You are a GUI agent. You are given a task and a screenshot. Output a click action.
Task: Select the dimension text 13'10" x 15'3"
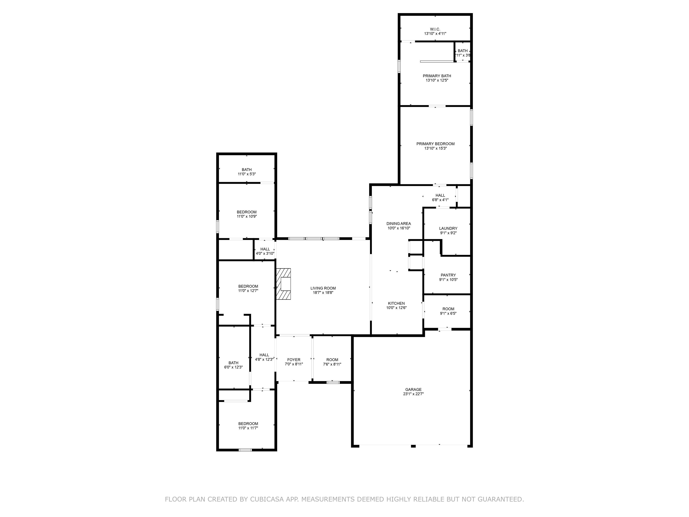[436, 148]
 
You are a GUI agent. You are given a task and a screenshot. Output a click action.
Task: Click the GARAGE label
[413, 390]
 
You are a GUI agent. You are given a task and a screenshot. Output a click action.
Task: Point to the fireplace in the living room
[283, 284]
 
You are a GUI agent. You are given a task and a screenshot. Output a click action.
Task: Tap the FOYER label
[294, 360]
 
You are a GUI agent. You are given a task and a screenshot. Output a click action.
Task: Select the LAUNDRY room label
[448, 228]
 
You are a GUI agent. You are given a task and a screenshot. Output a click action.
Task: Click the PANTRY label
[448, 275]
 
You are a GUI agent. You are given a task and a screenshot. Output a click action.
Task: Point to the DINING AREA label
[399, 224]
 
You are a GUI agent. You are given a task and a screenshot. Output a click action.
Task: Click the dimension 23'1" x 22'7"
[413, 394]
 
